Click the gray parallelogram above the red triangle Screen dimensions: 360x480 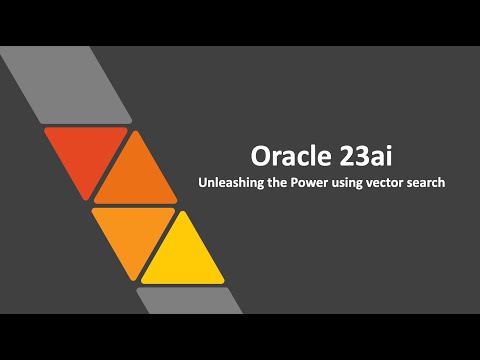pyautogui.click(x=70, y=85)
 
